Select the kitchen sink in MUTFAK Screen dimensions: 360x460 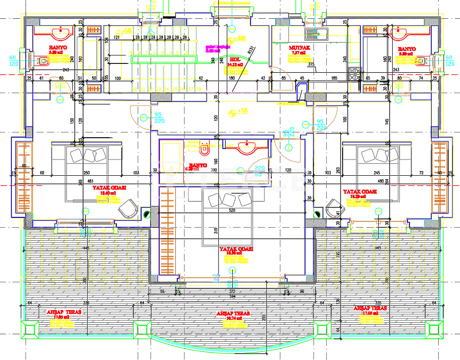317,34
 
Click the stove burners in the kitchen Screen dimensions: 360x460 355,74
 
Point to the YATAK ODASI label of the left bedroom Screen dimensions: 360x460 109,188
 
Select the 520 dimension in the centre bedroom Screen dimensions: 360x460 233,210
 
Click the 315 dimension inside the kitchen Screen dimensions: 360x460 311,64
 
